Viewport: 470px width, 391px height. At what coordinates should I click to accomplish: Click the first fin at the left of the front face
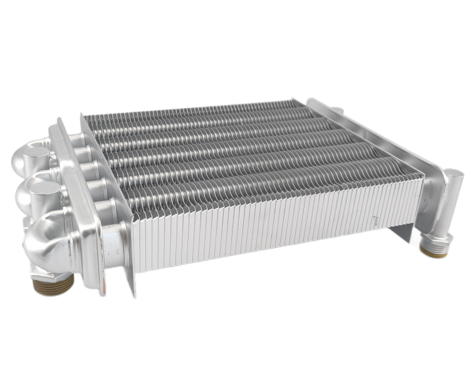click(134, 248)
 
